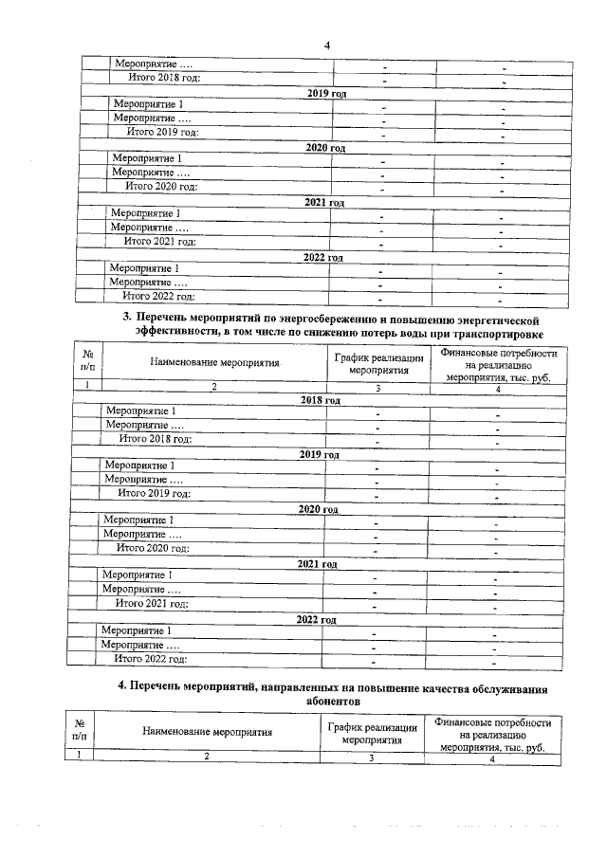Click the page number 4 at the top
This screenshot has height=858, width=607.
tap(325, 45)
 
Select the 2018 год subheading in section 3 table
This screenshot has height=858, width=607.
tap(320, 400)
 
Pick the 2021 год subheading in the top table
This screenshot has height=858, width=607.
tap(323, 203)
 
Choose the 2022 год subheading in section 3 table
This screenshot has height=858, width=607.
tap(316, 619)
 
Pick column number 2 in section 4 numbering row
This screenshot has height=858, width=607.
tap(206, 756)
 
